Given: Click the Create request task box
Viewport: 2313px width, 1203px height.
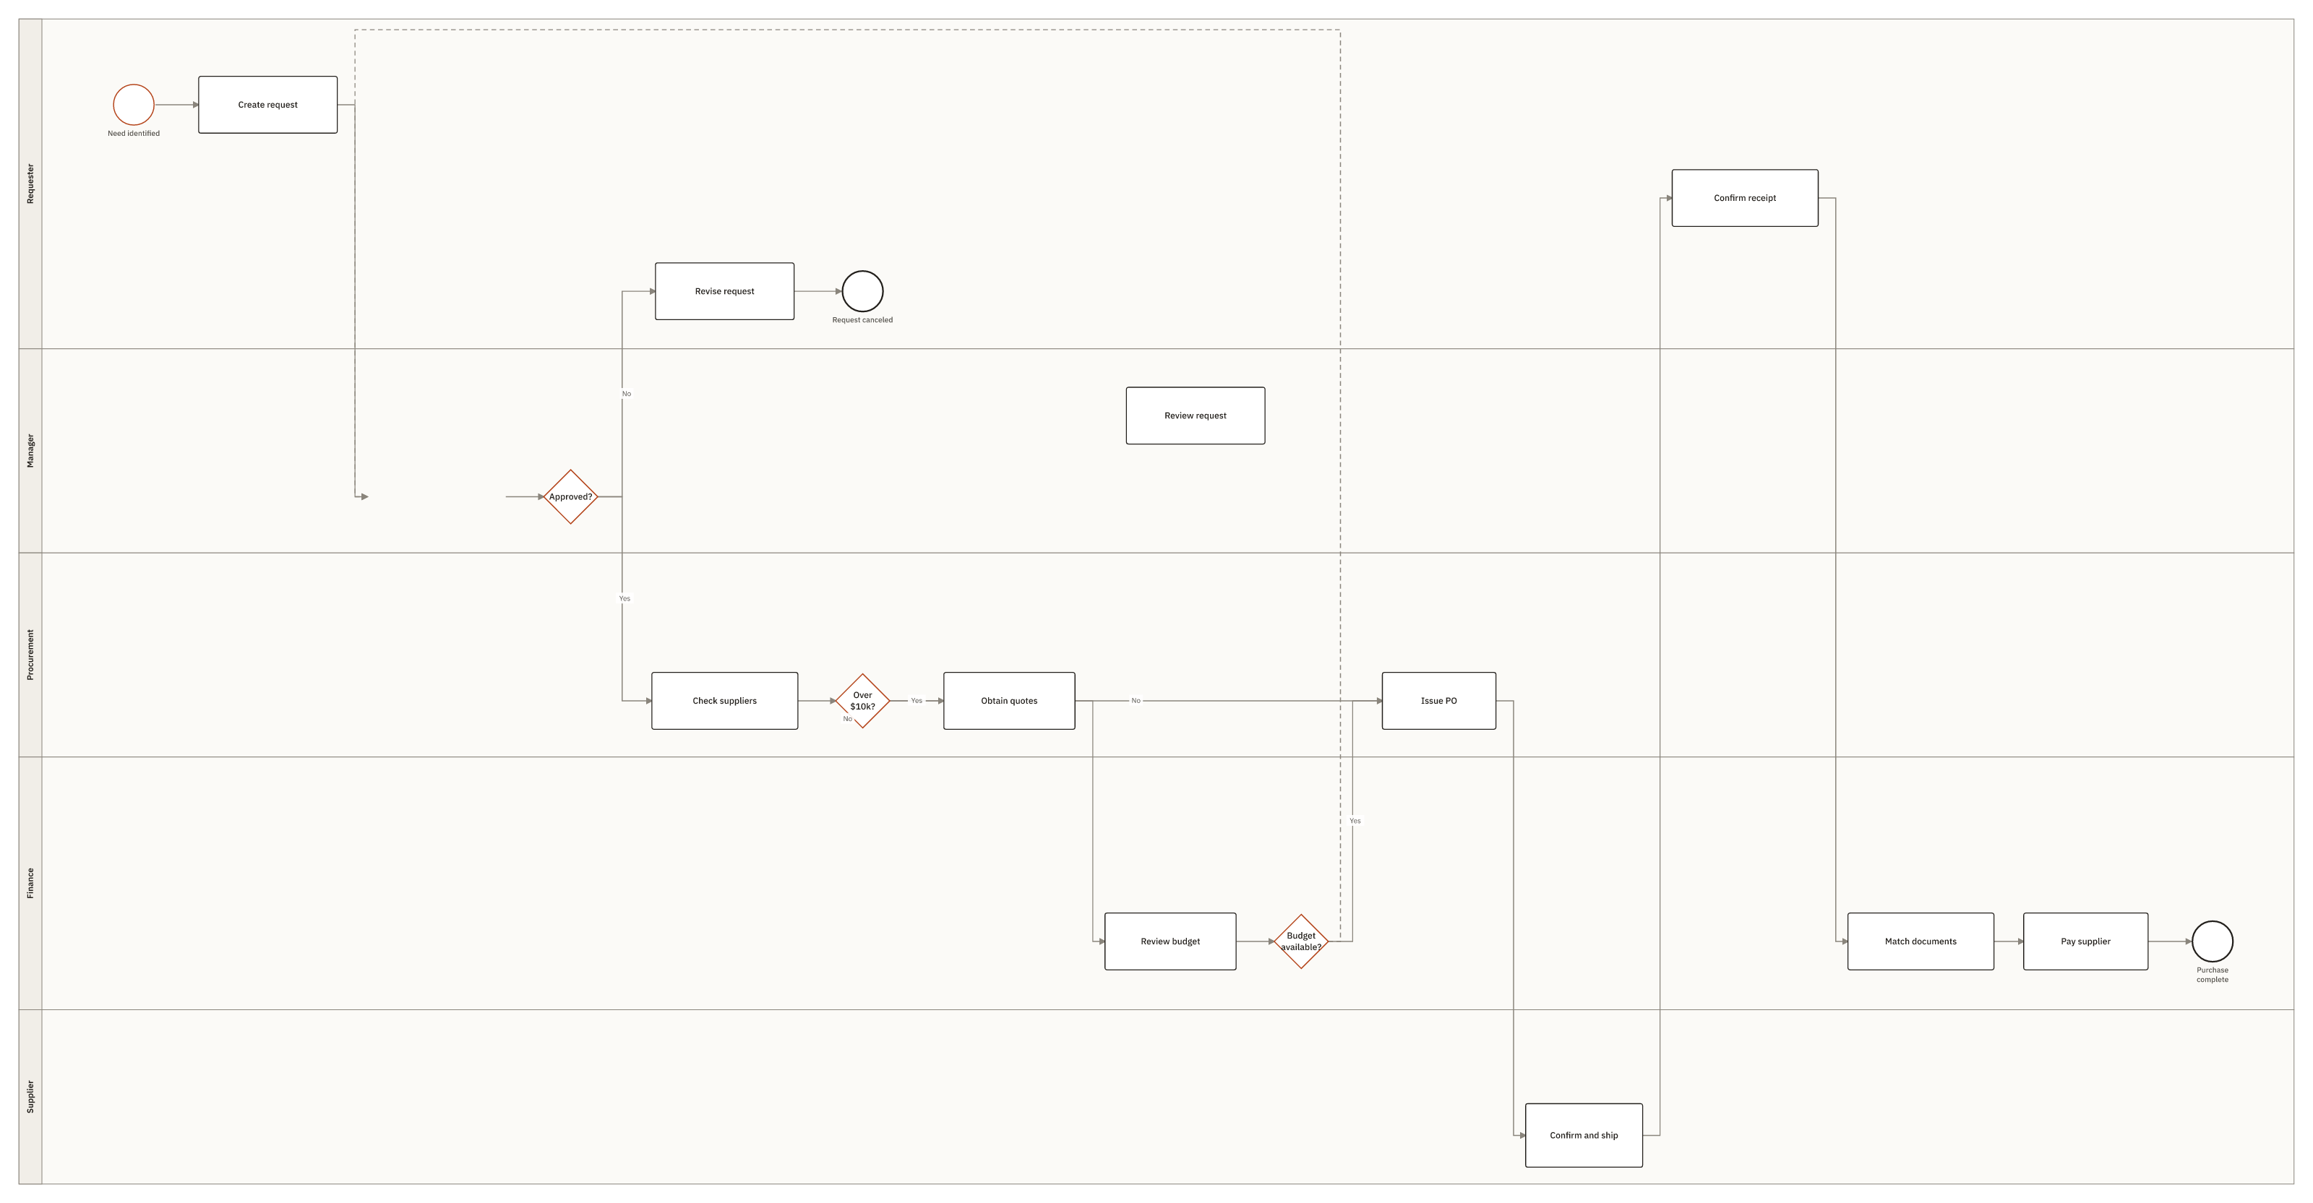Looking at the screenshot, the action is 267,105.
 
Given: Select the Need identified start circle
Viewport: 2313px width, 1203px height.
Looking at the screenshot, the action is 134,105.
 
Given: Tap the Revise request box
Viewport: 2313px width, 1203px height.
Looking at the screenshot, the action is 724,291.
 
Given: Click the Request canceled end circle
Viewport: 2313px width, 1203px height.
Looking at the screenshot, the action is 862,291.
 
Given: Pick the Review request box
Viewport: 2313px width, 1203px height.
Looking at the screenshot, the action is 1195,415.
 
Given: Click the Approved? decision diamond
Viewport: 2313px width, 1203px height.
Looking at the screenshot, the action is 570,496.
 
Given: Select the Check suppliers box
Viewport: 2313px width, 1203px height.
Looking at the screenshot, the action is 724,700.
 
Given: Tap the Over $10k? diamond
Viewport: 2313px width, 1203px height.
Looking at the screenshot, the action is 862,700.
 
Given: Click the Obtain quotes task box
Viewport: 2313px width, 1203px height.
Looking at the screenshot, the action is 1009,700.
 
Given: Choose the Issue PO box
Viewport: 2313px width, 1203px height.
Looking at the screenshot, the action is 1438,700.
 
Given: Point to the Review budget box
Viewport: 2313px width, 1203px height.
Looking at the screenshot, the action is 1170,941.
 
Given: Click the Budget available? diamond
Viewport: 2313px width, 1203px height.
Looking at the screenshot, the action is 1301,941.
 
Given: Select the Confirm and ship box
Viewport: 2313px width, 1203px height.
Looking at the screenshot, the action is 1584,1135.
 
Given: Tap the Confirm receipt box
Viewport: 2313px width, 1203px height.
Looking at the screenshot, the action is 1745,197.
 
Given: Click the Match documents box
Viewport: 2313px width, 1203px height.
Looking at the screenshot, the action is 1921,941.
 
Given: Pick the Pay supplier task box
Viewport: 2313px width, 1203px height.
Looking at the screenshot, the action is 2086,941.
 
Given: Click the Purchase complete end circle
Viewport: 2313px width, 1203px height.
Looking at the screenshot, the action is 2213,941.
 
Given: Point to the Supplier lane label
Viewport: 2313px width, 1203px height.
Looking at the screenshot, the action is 30,1097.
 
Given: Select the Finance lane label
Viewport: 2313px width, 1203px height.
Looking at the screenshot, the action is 30,884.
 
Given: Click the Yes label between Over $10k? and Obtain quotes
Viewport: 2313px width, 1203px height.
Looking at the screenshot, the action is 917,700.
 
